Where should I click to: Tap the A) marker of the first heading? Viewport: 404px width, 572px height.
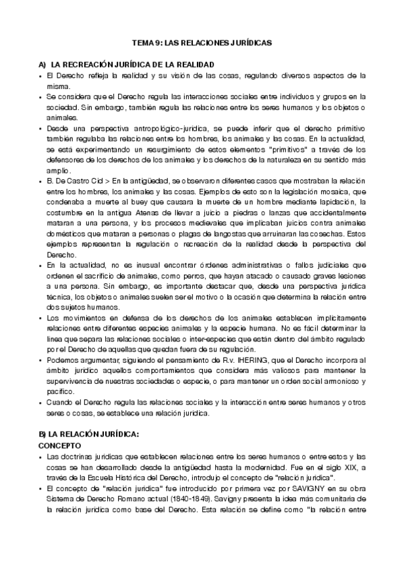pos(42,63)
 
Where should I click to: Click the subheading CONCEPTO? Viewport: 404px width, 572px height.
pos(60,446)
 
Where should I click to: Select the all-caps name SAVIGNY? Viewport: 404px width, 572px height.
pos(277,490)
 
